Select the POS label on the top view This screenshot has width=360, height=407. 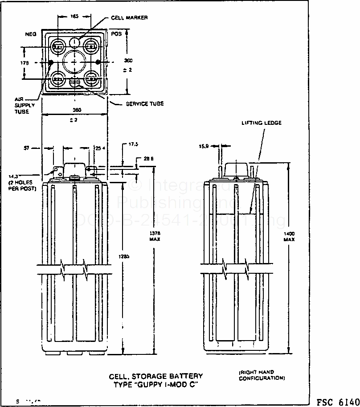[117, 34]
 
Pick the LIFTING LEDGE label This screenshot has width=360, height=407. [262, 123]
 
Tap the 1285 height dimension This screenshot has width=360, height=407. [115, 256]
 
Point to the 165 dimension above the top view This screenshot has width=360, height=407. [74, 16]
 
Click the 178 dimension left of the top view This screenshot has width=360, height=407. [25, 63]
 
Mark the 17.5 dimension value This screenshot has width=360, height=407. [133, 144]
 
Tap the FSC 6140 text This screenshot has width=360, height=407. [337, 401]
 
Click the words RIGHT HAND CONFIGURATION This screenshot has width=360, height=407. [262, 375]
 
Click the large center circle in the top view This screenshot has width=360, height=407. [74, 62]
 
